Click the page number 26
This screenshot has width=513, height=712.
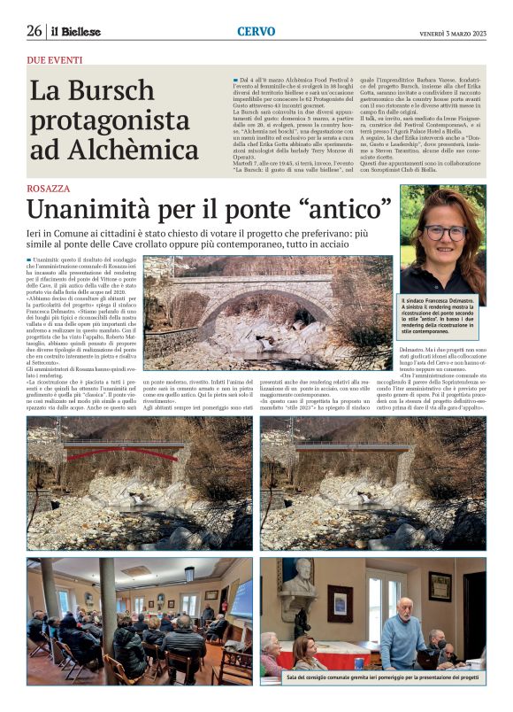(34, 31)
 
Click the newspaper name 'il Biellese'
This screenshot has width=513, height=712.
(76, 32)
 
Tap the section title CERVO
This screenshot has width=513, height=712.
(256, 31)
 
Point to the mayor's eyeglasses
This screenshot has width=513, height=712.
(445, 232)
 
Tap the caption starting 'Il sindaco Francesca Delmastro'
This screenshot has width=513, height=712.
(442, 317)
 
